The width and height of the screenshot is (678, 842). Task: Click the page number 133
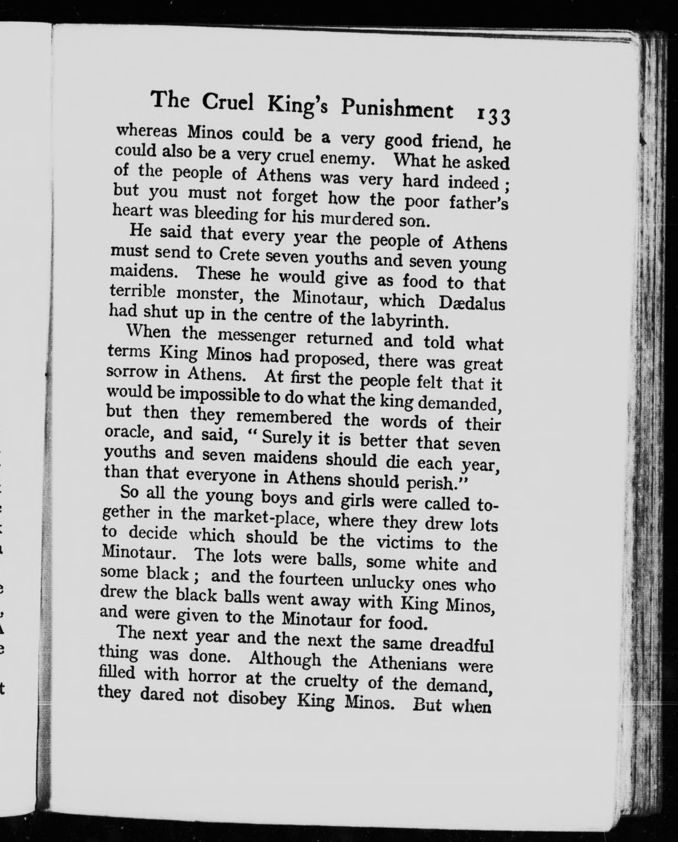click(x=493, y=116)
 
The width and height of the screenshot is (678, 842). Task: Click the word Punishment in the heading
click(x=397, y=109)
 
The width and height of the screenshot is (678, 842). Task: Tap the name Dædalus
click(x=472, y=303)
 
